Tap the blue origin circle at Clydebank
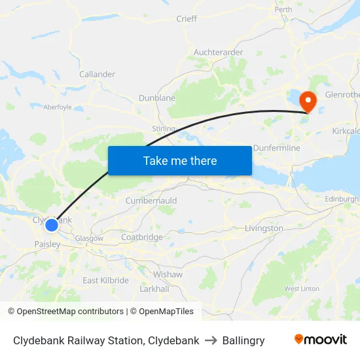52,225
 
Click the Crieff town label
187,19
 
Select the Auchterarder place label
219,52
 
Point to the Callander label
97,74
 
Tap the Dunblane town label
157,98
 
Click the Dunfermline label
276,148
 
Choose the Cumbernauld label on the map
151,200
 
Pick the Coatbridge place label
141,237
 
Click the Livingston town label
264,228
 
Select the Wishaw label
168,274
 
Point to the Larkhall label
154,289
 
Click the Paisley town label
47,244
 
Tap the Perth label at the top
283,9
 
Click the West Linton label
302,289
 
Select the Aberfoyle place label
58,107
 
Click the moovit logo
321,340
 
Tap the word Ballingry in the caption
243,340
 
